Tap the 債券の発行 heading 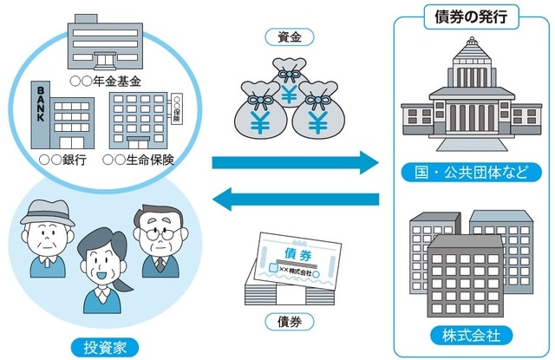tap(469, 15)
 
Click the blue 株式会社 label tap(471, 335)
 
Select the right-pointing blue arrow tap(296, 161)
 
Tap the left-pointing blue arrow tap(296, 200)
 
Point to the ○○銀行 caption tap(61, 160)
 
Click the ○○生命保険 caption tap(139, 160)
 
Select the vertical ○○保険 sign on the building tap(176, 109)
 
